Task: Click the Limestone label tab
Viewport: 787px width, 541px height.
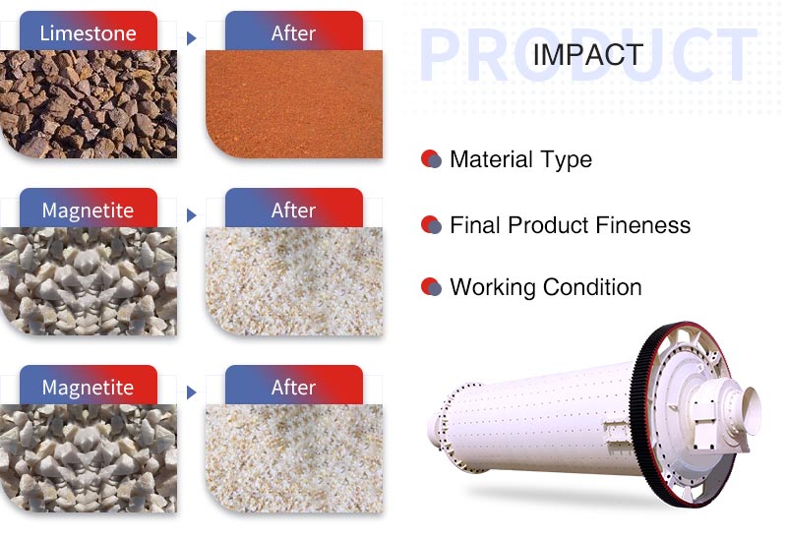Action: click(89, 31)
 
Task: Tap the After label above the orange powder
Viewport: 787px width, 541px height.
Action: click(294, 31)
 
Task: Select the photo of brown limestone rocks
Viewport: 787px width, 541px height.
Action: click(89, 104)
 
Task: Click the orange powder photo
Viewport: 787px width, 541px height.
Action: click(294, 104)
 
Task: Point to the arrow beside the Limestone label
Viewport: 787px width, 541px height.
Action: click(191, 38)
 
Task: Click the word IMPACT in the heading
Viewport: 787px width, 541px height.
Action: click(587, 54)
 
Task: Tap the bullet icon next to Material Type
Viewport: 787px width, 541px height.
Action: click(431, 159)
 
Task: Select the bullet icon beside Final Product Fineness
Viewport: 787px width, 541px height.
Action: click(431, 225)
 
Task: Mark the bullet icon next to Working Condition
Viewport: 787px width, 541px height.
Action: click(431, 287)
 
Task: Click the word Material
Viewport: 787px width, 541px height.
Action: click(491, 159)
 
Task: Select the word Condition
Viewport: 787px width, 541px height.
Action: click(592, 287)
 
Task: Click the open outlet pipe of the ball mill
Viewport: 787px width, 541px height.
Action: click(752, 409)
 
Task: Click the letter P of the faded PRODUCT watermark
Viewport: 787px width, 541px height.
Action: click(440, 54)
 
